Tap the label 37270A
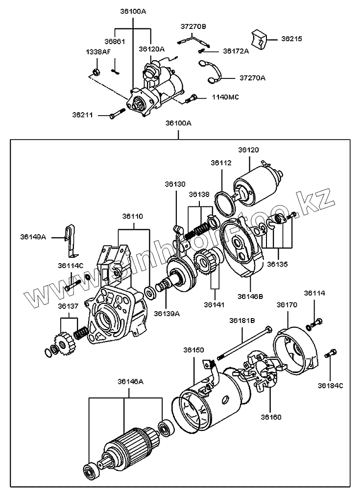(x=252, y=77)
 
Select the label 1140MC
(x=225, y=97)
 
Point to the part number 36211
(x=82, y=115)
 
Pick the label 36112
(x=221, y=163)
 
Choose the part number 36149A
(x=33, y=237)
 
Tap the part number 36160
(x=271, y=417)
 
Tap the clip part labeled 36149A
(x=72, y=240)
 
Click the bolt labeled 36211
(x=117, y=115)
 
